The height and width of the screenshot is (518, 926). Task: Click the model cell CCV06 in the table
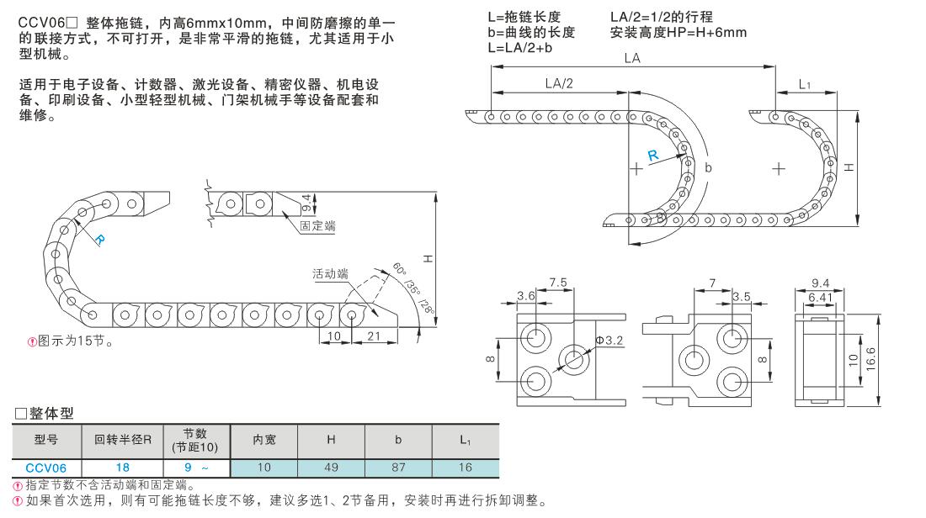[45, 467]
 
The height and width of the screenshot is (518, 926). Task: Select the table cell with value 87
[398, 467]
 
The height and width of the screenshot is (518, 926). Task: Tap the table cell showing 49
[331, 467]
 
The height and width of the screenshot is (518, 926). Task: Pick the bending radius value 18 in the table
[123, 467]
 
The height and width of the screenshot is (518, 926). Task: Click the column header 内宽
[263, 440]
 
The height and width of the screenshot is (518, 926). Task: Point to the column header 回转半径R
[123, 440]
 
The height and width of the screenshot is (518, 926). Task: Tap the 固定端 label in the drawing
[317, 226]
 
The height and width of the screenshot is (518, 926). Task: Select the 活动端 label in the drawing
[330, 275]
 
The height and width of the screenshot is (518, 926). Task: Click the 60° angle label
[399, 272]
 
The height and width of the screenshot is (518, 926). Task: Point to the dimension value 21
[373, 336]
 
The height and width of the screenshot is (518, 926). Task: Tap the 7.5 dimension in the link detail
[557, 282]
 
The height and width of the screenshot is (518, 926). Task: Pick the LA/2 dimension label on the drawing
[558, 83]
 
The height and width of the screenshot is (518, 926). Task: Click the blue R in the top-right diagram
[653, 154]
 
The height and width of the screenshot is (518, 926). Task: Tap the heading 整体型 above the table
[45, 413]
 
